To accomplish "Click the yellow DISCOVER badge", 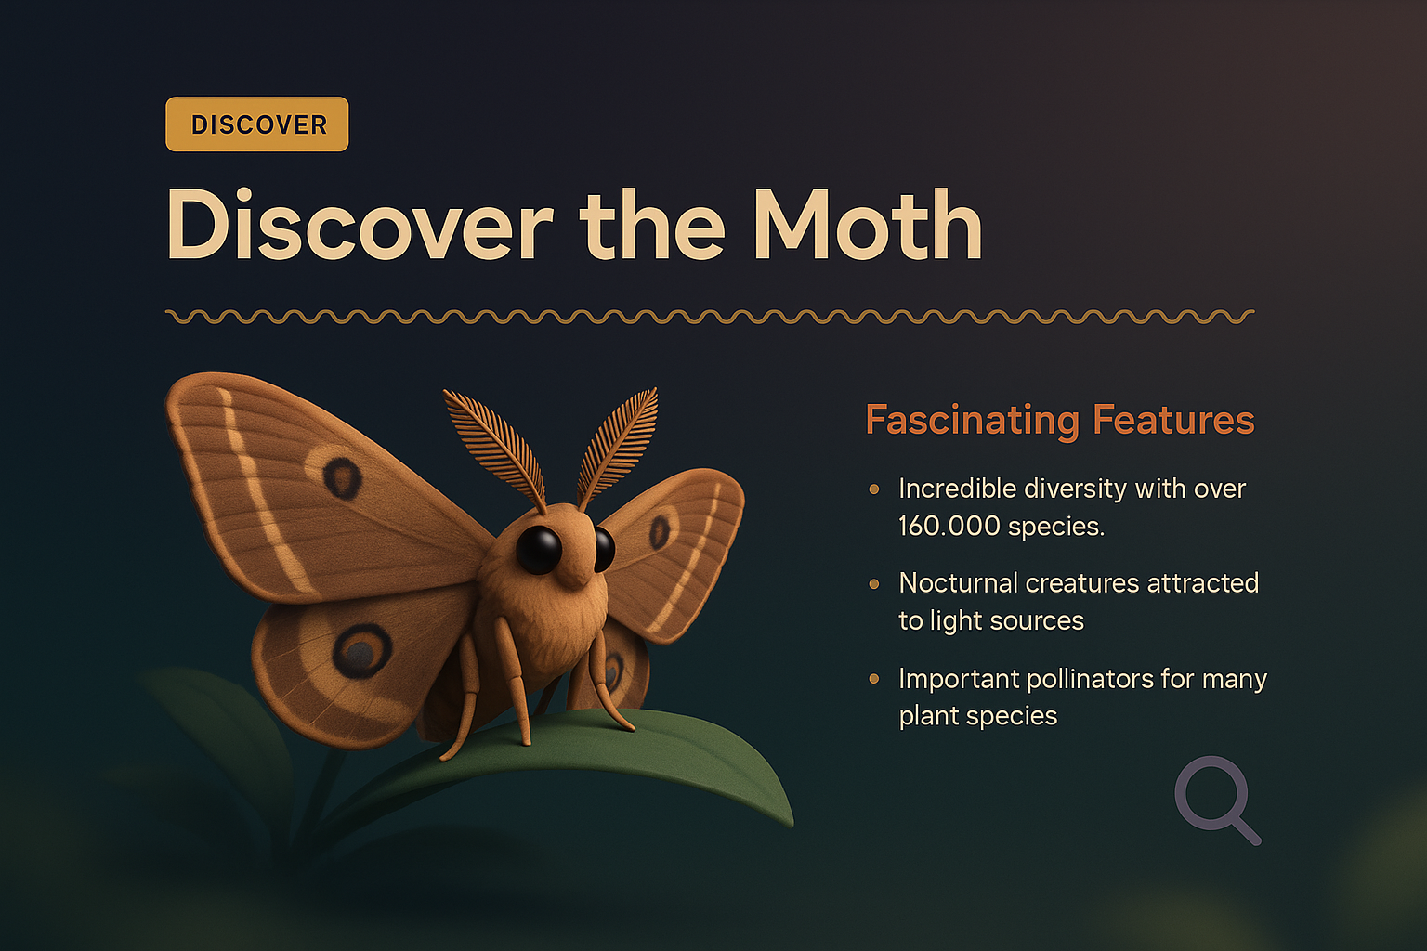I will (x=256, y=124).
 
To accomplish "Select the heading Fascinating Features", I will (x=1059, y=420).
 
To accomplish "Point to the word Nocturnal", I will (x=960, y=583).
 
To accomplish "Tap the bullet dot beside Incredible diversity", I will (x=873, y=489).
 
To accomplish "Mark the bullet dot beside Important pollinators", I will (x=873, y=679).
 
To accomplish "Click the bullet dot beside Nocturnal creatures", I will (x=873, y=584).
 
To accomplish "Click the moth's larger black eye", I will (x=539, y=549).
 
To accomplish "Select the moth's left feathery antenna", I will (x=495, y=444).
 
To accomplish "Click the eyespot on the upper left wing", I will (x=342, y=476).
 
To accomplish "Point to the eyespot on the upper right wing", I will (x=660, y=531).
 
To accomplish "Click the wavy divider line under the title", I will (x=710, y=317).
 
